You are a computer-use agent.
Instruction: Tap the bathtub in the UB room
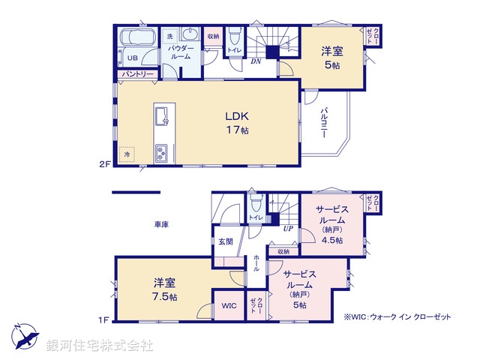pos(136,38)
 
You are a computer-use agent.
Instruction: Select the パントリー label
pos(136,74)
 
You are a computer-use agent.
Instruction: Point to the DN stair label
pos(255,61)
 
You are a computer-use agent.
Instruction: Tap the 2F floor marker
pos(104,162)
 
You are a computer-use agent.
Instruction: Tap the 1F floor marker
pos(104,320)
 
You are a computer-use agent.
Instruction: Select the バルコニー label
pos(324,123)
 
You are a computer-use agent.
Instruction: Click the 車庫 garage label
pos(161,224)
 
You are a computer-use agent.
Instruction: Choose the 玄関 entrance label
pos(226,241)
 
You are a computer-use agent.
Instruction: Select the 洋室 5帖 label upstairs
pos(331,58)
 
